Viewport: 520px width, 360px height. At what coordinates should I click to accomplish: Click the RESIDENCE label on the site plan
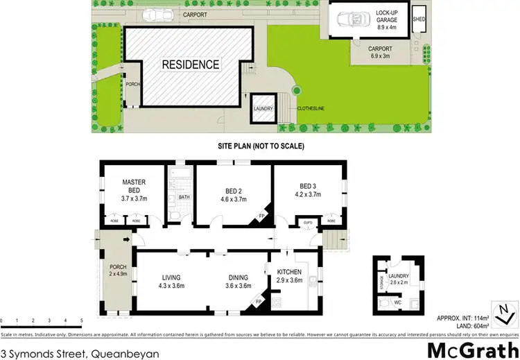(x=191, y=65)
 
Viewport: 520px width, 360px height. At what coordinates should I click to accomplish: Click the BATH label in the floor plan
(x=184, y=197)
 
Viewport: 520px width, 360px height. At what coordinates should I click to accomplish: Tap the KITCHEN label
(x=291, y=271)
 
